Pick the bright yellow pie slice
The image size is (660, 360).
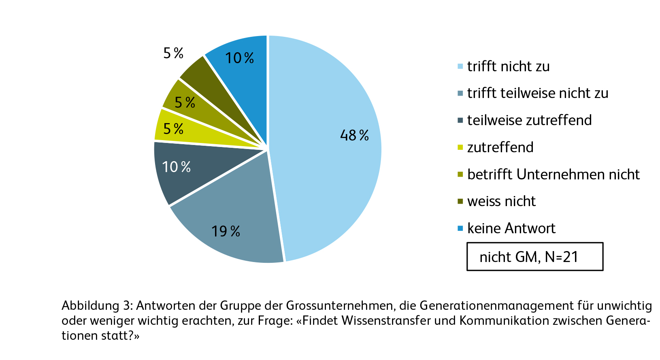point(190,134)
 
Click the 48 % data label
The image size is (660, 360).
point(354,135)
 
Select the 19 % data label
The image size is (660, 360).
point(226,231)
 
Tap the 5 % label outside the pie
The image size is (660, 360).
point(173,53)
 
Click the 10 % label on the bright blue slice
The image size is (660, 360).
point(239,58)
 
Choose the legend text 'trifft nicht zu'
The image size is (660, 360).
point(508,66)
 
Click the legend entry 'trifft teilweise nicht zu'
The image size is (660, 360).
point(537,93)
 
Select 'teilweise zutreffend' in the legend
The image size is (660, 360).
point(529,120)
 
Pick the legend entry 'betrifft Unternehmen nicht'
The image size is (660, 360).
point(553,175)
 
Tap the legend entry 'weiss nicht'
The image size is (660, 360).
point(501,201)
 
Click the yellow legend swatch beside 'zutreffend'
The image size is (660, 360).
point(460,147)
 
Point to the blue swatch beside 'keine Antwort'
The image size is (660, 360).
point(460,228)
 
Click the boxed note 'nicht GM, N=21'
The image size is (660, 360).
point(534,257)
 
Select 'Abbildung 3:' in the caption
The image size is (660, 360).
point(97,306)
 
